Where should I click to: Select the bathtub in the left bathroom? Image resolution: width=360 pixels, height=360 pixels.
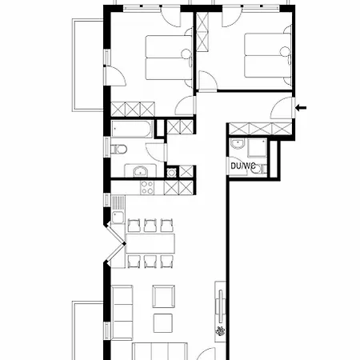click(133, 128)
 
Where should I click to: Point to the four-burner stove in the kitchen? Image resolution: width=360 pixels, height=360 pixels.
click(147, 187)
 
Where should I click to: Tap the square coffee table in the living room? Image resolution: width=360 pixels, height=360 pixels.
click(162, 322)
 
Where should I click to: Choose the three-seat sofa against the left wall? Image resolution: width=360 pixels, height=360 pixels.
click(122, 311)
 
